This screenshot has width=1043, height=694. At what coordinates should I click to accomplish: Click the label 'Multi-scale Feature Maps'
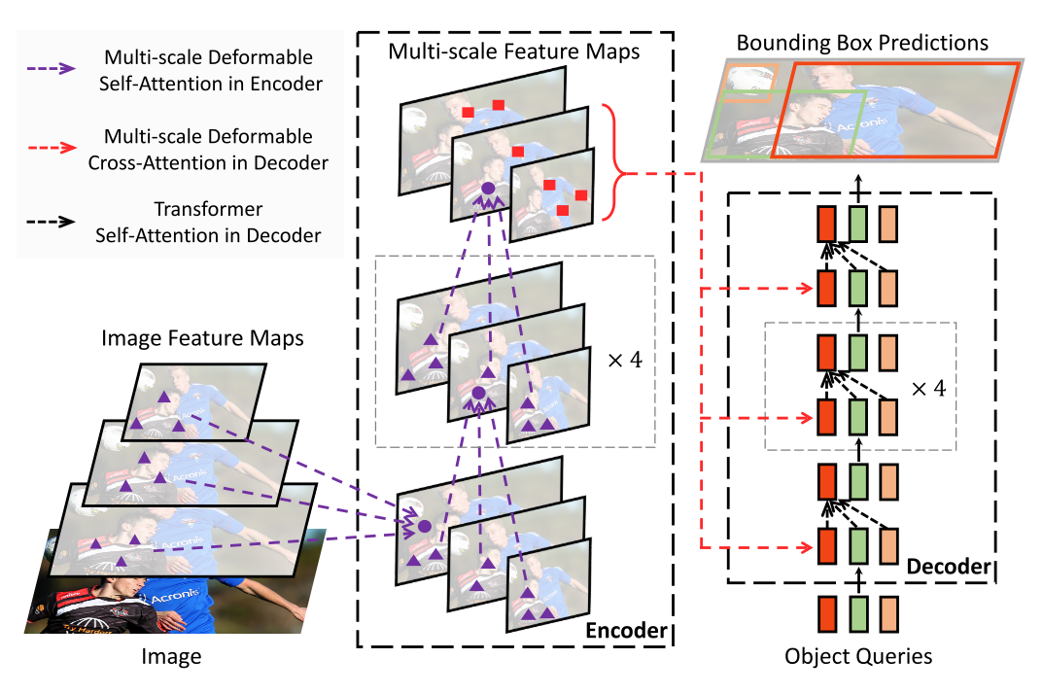[x=514, y=51]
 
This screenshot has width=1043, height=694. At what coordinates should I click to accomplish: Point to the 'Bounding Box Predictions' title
[x=862, y=43]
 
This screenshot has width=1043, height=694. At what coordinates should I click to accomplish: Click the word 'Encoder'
[x=626, y=631]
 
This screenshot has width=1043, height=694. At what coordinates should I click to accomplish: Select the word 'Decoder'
[x=948, y=566]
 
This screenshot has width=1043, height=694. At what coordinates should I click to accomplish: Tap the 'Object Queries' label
[x=858, y=657]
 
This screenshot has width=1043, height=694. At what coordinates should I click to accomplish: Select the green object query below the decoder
[x=858, y=614]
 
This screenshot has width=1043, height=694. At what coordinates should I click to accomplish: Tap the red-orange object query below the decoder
[x=826, y=614]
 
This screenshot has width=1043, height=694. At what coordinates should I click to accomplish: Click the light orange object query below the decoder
[x=889, y=614]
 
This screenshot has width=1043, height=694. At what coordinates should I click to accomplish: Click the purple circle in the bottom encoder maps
[x=424, y=526]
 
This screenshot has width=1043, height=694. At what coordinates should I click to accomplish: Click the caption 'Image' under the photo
[x=172, y=657]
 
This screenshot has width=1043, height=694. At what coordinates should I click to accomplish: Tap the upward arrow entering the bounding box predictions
[x=858, y=185]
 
